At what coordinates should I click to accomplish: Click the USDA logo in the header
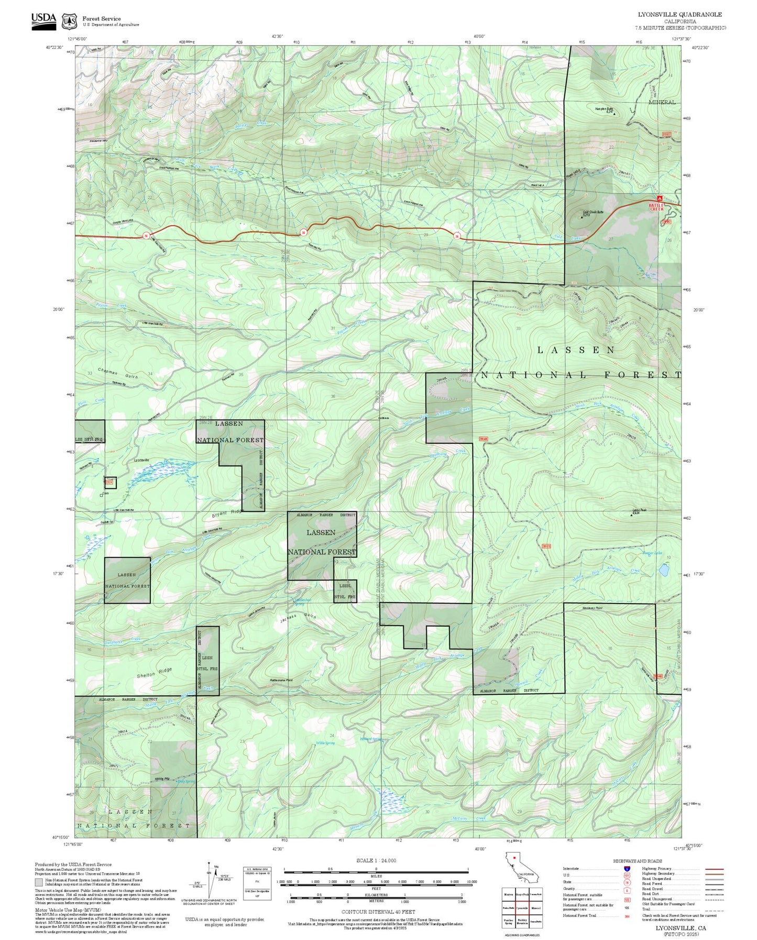(x=43, y=20)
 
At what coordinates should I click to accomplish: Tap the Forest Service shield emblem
(x=69, y=21)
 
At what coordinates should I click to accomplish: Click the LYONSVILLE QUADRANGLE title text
(x=679, y=15)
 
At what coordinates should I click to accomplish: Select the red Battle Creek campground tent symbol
(x=660, y=199)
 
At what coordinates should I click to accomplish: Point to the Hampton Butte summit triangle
(x=615, y=112)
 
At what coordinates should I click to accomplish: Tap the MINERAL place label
(x=662, y=102)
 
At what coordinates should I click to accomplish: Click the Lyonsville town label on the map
(x=141, y=460)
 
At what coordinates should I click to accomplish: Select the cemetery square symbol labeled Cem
(x=102, y=495)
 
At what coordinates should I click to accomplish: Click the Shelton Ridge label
(x=154, y=673)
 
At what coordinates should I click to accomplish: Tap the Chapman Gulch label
(x=117, y=373)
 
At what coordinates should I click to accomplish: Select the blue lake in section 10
(x=663, y=570)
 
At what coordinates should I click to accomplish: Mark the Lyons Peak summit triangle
(x=631, y=515)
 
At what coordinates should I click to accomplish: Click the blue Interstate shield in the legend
(x=627, y=869)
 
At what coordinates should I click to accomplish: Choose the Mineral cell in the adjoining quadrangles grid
(x=535, y=908)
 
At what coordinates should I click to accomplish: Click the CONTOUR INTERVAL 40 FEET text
(x=376, y=912)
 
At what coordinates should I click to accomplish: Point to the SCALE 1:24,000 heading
(x=376, y=860)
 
